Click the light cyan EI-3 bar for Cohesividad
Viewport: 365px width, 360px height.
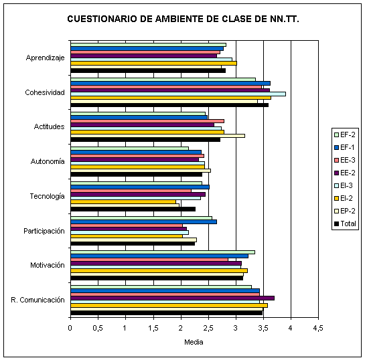pyautogui.click(x=178, y=94)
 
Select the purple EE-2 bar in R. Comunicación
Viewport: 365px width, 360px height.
pyautogui.click(x=173, y=298)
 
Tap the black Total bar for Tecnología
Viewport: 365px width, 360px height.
pyautogui.click(x=133, y=209)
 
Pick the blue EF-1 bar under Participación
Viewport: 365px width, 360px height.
pyautogui.click(x=143, y=222)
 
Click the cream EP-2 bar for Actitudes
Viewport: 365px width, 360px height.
pyautogui.click(x=157, y=136)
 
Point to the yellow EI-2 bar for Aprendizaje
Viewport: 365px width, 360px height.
pyautogui.click(x=153, y=64)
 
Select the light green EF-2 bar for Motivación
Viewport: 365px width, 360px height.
pyautogui.click(x=163, y=252)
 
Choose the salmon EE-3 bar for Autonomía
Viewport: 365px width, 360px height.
pyautogui.click(x=137, y=156)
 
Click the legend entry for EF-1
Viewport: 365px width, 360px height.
pyautogui.click(x=344, y=147)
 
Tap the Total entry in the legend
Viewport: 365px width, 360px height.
pyautogui.click(x=345, y=223)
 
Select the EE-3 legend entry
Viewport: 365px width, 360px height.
pyautogui.click(x=345, y=160)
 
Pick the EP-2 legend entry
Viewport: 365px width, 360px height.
pyautogui.click(x=345, y=211)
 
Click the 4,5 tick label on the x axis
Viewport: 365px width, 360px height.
pyautogui.click(x=318, y=328)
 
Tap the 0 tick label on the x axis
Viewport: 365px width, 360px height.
pyautogui.click(x=70, y=328)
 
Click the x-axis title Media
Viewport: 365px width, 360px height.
pyautogui.click(x=194, y=342)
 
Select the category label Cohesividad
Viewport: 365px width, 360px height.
pyautogui.click(x=45, y=92)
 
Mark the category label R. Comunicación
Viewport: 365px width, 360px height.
pyautogui.click(x=38, y=300)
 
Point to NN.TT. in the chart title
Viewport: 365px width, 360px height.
pyautogui.click(x=285, y=19)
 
